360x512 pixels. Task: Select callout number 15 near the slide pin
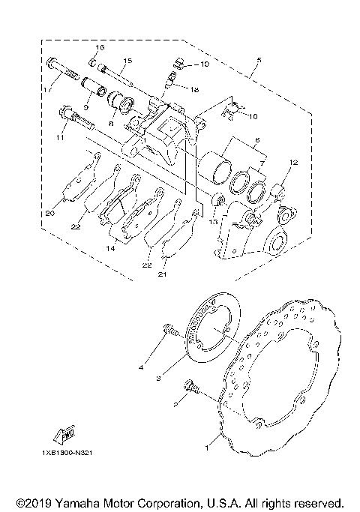[x=126, y=60]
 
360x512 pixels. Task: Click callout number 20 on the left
[x=49, y=214]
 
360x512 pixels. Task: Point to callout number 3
[x=158, y=379]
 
